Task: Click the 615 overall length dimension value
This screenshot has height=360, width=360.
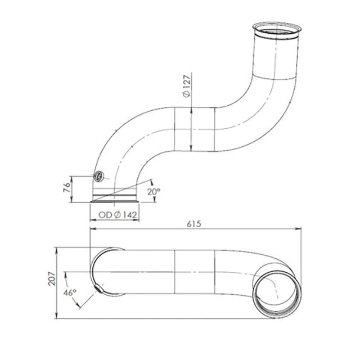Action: tap(194, 223)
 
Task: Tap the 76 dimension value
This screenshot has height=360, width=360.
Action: tap(66, 187)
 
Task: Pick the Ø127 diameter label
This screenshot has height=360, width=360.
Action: tap(187, 87)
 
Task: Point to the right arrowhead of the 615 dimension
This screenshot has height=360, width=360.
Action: tap(297, 229)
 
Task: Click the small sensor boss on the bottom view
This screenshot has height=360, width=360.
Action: tap(100, 290)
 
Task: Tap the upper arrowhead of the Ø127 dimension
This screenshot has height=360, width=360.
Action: tap(193, 109)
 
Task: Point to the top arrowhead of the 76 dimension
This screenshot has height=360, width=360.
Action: tap(73, 177)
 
